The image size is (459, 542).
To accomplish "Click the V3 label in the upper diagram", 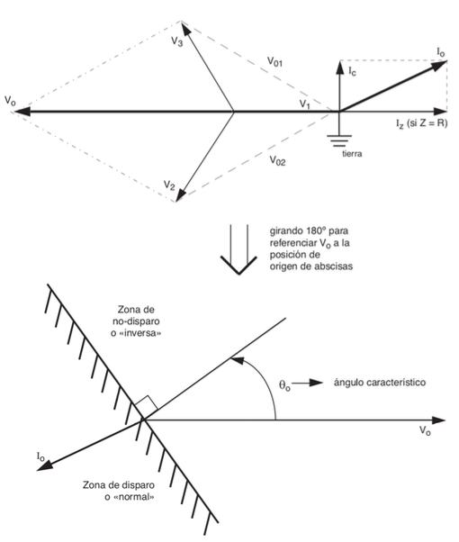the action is (x=177, y=41).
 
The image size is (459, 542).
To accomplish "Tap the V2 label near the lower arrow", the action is (x=169, y=185).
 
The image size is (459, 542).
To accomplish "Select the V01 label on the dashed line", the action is (x=275, y=61).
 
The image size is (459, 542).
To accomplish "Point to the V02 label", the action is (x=277, y=160).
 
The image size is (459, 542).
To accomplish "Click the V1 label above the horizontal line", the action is (x=304, y=104).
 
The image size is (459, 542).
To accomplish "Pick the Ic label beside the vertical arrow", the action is (x=352, y=71).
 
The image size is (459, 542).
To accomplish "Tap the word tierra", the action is (x=352, y=153).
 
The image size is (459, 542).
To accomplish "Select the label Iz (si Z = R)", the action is (x=422, y=123).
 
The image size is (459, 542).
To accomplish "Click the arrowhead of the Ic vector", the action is (x=339, y=66).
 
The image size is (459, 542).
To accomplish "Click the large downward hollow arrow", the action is (x=238, y=248).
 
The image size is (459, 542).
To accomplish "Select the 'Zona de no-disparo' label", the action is (x=136, y=315).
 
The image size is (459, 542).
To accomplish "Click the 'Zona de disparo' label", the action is (x=119, y=485).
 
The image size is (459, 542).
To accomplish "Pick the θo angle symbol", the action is (x=284, y=385).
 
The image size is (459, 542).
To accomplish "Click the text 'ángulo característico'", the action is (x=380, y=383).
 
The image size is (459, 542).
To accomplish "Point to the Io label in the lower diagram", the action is (x=40, y=456).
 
